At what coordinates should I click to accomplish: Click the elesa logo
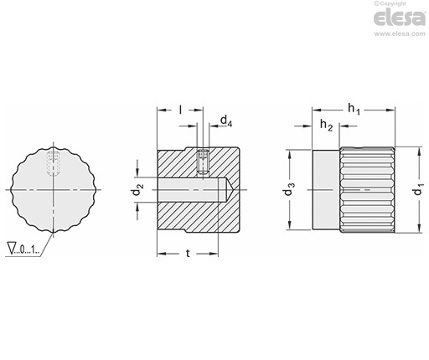click(400, 18)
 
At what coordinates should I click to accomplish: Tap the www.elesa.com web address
click(400, 33)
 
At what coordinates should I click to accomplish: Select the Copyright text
click(390, 3)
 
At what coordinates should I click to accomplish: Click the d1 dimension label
click(419, 189)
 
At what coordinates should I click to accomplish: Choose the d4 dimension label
click(226, 121)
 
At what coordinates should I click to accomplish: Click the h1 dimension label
click(354, 109)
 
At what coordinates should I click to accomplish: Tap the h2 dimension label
click(326, 125)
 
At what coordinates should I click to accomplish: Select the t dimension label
click(188, 253)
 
